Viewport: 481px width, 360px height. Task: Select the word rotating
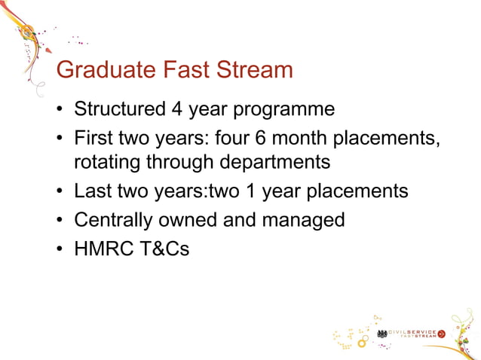(106, 162)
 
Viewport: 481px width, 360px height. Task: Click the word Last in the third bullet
(91, 191)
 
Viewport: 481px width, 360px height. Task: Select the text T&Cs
(164, 248)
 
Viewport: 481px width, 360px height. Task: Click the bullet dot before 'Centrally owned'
(59, 221)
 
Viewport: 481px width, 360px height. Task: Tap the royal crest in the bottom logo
(382, 333)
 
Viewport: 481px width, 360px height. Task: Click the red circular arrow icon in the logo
(441, 333)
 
